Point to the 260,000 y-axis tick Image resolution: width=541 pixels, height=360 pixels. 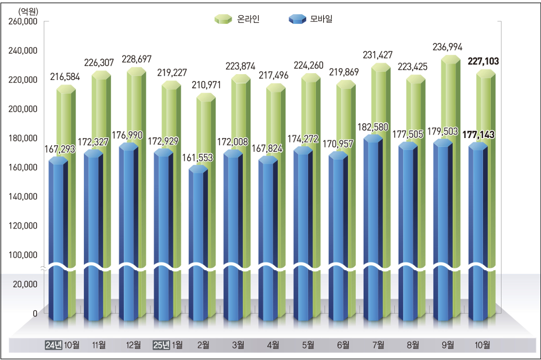pos(23,21)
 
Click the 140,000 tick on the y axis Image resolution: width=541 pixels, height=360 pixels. pos(23,197)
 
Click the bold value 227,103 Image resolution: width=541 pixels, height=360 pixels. pos(483,61)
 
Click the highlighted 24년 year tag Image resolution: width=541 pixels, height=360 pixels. pos(53,345)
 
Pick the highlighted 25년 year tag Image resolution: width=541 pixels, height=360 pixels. pos(162,345)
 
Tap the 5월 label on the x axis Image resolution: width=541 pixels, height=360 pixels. pos(308,345)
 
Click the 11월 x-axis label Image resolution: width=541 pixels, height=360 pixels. pos(99,345)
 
